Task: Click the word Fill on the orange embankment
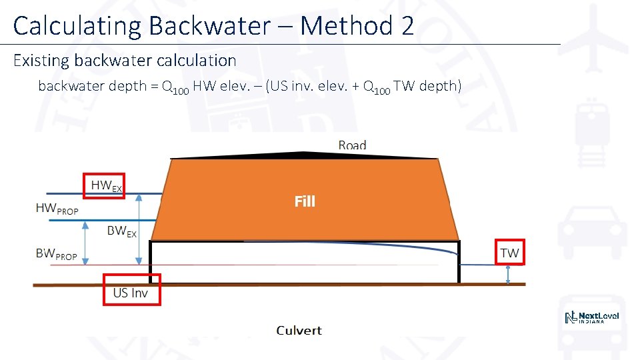point(305,201)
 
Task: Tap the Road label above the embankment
point(352,145)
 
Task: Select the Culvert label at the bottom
point(299,330)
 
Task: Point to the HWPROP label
point(57,209)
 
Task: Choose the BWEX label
point(122,231)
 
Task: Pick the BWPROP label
point(56,254)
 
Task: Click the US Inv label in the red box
point(131,293)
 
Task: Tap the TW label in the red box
point(509,253)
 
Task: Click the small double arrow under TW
point(509,274)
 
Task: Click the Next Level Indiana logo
point(592,318)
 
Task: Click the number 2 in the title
point(407,26)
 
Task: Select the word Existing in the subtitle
point(41,61)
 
